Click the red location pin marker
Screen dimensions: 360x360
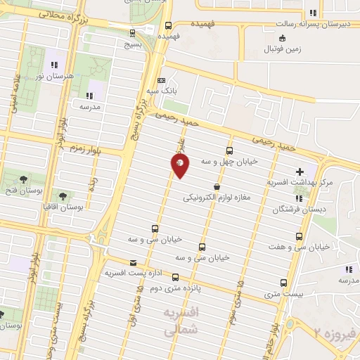click(x=180, y=166)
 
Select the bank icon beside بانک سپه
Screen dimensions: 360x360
click(x=161, y=80)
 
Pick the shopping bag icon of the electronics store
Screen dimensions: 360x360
click(x=216, y=186)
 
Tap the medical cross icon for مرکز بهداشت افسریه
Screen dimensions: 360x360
click(x=300, y=171)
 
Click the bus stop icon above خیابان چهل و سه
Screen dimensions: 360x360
click(x=229, y=150)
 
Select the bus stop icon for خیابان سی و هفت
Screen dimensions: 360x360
click(x=300, y=236)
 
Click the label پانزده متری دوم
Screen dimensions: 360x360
click(x=167, y=288)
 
